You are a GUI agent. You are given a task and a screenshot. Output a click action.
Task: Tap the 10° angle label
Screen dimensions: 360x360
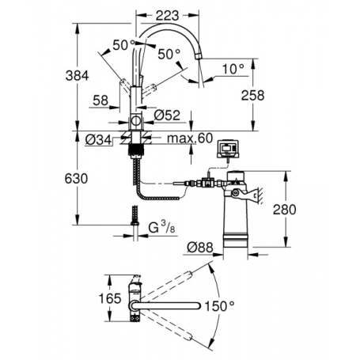tap(230, 70)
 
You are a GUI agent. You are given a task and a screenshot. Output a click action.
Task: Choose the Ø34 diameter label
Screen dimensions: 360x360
tap(97, 141)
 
